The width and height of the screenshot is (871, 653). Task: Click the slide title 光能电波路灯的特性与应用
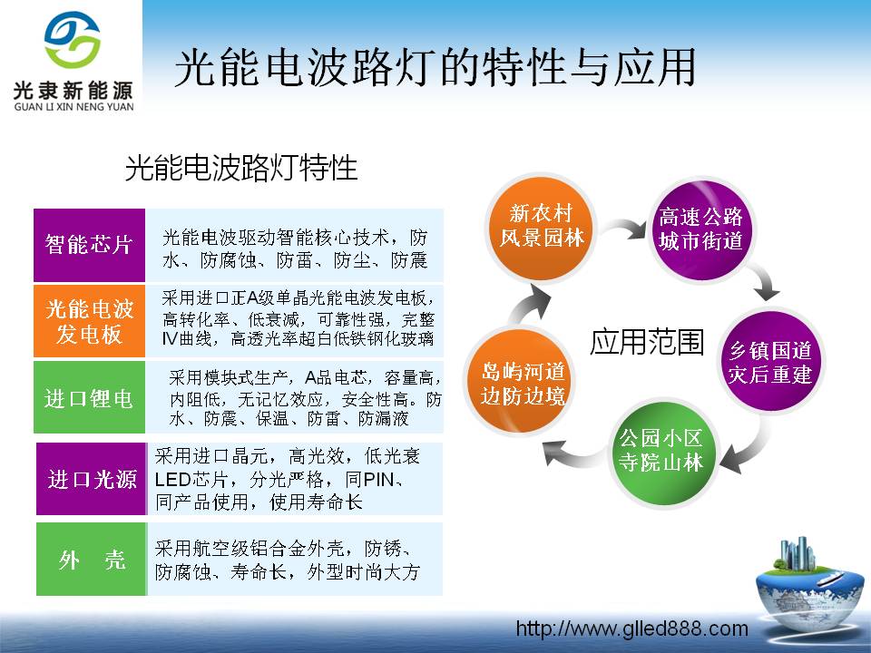pos(435,68)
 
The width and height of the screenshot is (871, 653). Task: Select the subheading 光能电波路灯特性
pos(241,168)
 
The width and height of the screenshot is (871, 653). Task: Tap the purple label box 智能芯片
pos(89,245)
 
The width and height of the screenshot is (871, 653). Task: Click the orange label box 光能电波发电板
pos(89,321)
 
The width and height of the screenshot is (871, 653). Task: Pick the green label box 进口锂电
pos(89,397)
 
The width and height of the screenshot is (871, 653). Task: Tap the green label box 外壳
pos(91,560)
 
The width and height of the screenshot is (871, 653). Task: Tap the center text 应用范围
pos(646,343)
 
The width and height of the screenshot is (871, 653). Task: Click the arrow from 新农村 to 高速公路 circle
pos(622,233)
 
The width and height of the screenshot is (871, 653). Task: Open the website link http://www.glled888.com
pos(631,629)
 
